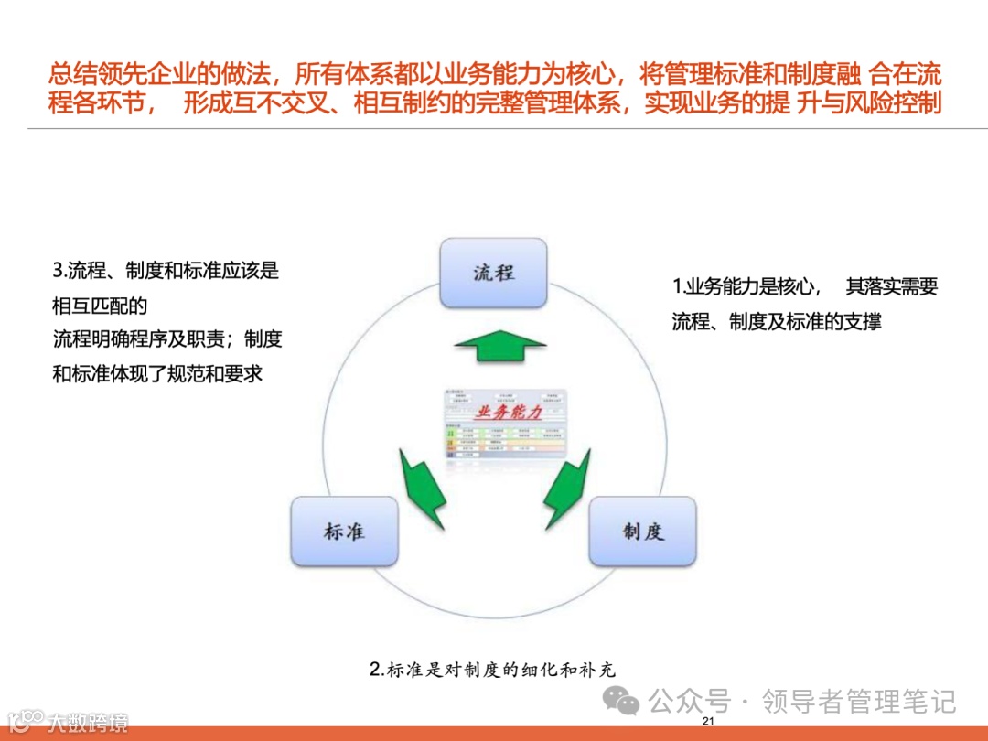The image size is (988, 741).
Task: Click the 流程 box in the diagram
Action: click(x=493, y=273)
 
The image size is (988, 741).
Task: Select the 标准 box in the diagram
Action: click(x=344, y=532)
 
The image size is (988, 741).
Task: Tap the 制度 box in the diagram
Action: click(x=642, y=532)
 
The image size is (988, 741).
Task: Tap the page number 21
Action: click(x=707, y=723)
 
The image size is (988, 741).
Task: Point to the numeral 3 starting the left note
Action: click(x=58, y=271)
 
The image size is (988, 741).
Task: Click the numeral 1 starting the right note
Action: click(x=676, y=287)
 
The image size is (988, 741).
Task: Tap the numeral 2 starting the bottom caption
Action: click(x=375, y=669)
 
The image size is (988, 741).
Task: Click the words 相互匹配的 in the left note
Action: click(x=100, y=305)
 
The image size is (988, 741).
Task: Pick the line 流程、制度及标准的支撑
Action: click(x=777, y=322)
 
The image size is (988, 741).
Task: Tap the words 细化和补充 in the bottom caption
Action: click(x=576, y=669)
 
